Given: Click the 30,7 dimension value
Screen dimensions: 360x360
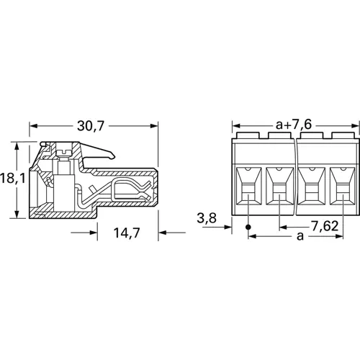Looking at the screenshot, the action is (91, 126).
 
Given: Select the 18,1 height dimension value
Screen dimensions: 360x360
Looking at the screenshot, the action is (12, 178).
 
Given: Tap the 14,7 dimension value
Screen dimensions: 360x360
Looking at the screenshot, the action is (127, 233).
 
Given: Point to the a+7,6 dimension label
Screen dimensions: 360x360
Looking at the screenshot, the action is (294, 125).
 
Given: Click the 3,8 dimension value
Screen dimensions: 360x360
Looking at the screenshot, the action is (207, 218).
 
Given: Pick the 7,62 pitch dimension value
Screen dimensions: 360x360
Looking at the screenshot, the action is (325, 226).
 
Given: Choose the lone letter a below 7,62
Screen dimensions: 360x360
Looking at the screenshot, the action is (300, 236).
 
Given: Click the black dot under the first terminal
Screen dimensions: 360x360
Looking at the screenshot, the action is (248, 227).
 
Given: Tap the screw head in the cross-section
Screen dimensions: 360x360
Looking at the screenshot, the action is (63, 152).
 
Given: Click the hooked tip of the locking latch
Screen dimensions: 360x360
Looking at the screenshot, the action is (112, 156).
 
